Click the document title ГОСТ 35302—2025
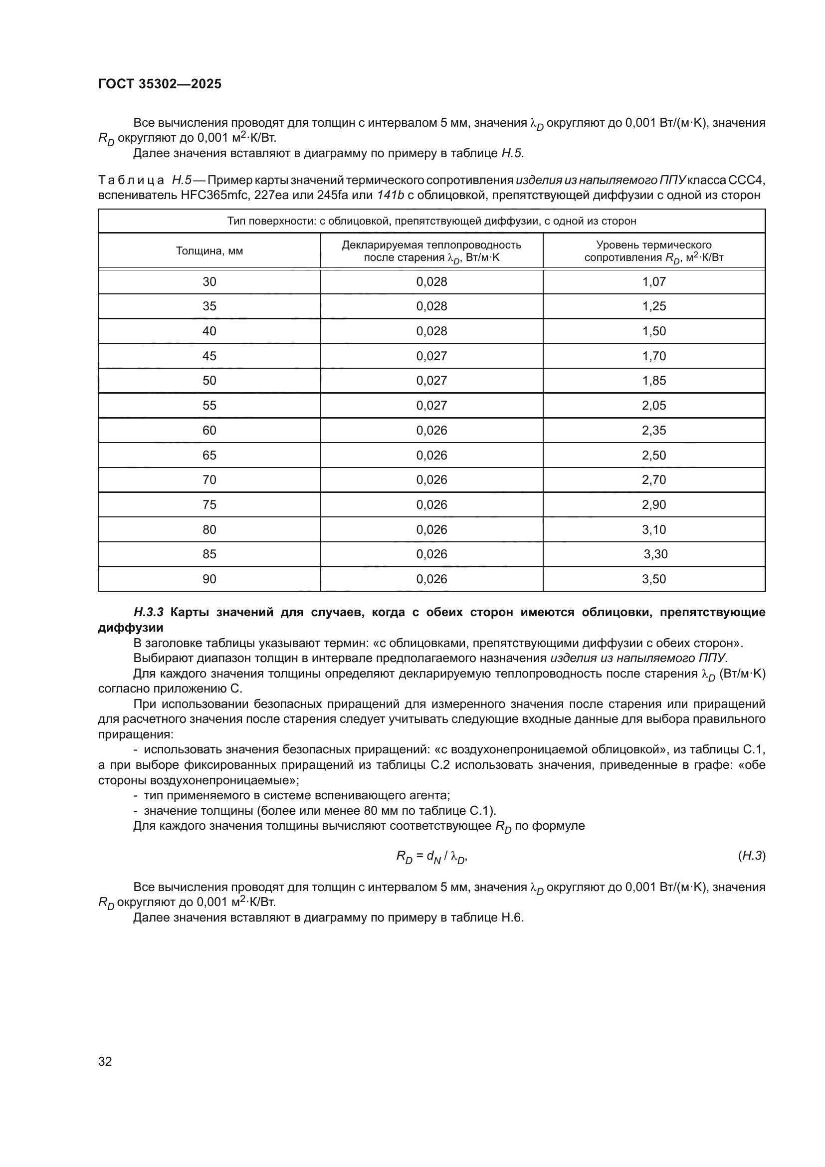[160, 84]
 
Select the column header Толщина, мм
[209, 251]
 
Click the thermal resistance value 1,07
[654, 281]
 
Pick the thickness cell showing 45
[209, 356]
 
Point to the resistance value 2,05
[654, 405]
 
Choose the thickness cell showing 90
[209, 579]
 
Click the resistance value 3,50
[654, 579]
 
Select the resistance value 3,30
[655, 554]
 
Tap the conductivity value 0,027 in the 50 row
[431, 381]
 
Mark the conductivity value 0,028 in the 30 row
[431, 281]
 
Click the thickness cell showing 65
[209, 455]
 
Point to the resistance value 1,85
[654, 381]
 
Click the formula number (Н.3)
[751, 856]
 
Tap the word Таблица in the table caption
[131, 180]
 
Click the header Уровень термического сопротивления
[654, 251]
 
